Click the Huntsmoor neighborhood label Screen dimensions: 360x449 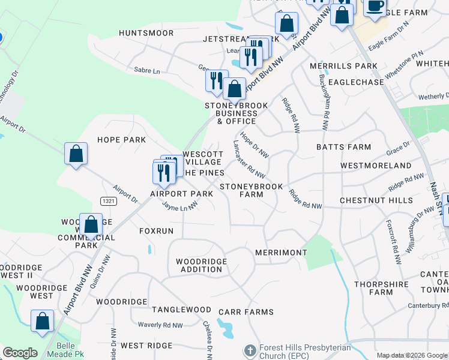pos(142,33)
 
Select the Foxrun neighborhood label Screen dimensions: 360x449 pos(156,230)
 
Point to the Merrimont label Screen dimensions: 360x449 pos(281,253)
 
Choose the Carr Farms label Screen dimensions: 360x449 pos(246,312)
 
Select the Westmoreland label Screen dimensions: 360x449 pos(376,166)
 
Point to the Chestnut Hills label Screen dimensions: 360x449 pos(376,200)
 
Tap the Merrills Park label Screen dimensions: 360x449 pos(343,66)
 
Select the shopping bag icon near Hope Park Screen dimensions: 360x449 pos(76,154)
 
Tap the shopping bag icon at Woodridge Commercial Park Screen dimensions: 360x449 pos(91,226)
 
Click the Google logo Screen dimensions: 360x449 pos(20,353)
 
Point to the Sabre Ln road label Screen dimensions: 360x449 pos(147,71)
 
